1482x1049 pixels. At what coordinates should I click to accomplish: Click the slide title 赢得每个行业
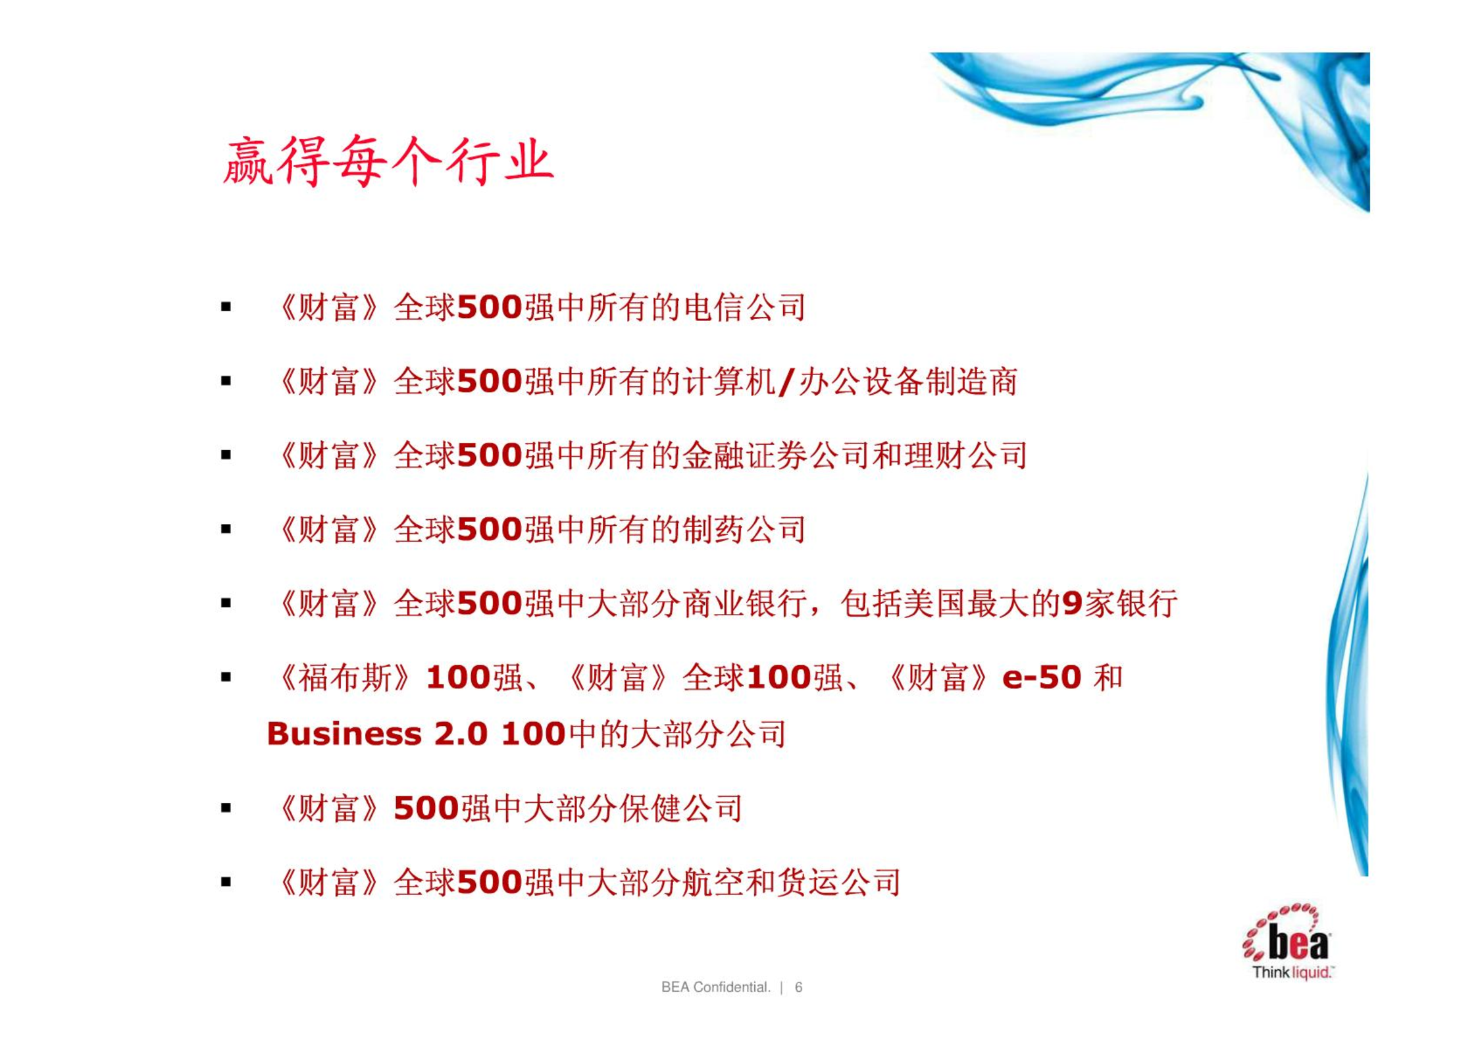(388, 161)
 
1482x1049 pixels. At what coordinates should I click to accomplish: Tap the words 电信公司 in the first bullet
(745, 307)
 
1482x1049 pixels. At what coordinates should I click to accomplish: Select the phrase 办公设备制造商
(908, 382)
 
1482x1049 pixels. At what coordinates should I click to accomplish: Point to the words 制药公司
(745, 530)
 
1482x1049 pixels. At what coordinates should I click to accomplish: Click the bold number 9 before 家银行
(1073, 604)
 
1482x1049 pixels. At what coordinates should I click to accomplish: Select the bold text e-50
(1042, 678)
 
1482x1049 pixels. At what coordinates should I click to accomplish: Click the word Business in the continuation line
(344, 734)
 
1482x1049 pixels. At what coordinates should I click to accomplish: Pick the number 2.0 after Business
(461, 734)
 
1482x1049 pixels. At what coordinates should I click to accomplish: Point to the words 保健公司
(681, 809)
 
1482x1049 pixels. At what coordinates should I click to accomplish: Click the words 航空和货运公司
(807, 883)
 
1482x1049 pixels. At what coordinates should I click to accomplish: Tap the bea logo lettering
(1298, 943)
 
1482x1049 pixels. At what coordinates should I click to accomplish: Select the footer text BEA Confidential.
(715, 987)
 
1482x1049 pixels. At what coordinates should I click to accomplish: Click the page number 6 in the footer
(798, 987)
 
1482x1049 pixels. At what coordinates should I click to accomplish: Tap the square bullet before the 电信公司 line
(226, 307)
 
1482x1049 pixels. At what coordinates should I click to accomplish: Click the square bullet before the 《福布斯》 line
(226, 677)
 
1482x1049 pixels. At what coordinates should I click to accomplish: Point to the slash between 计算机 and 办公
(786, 382)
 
